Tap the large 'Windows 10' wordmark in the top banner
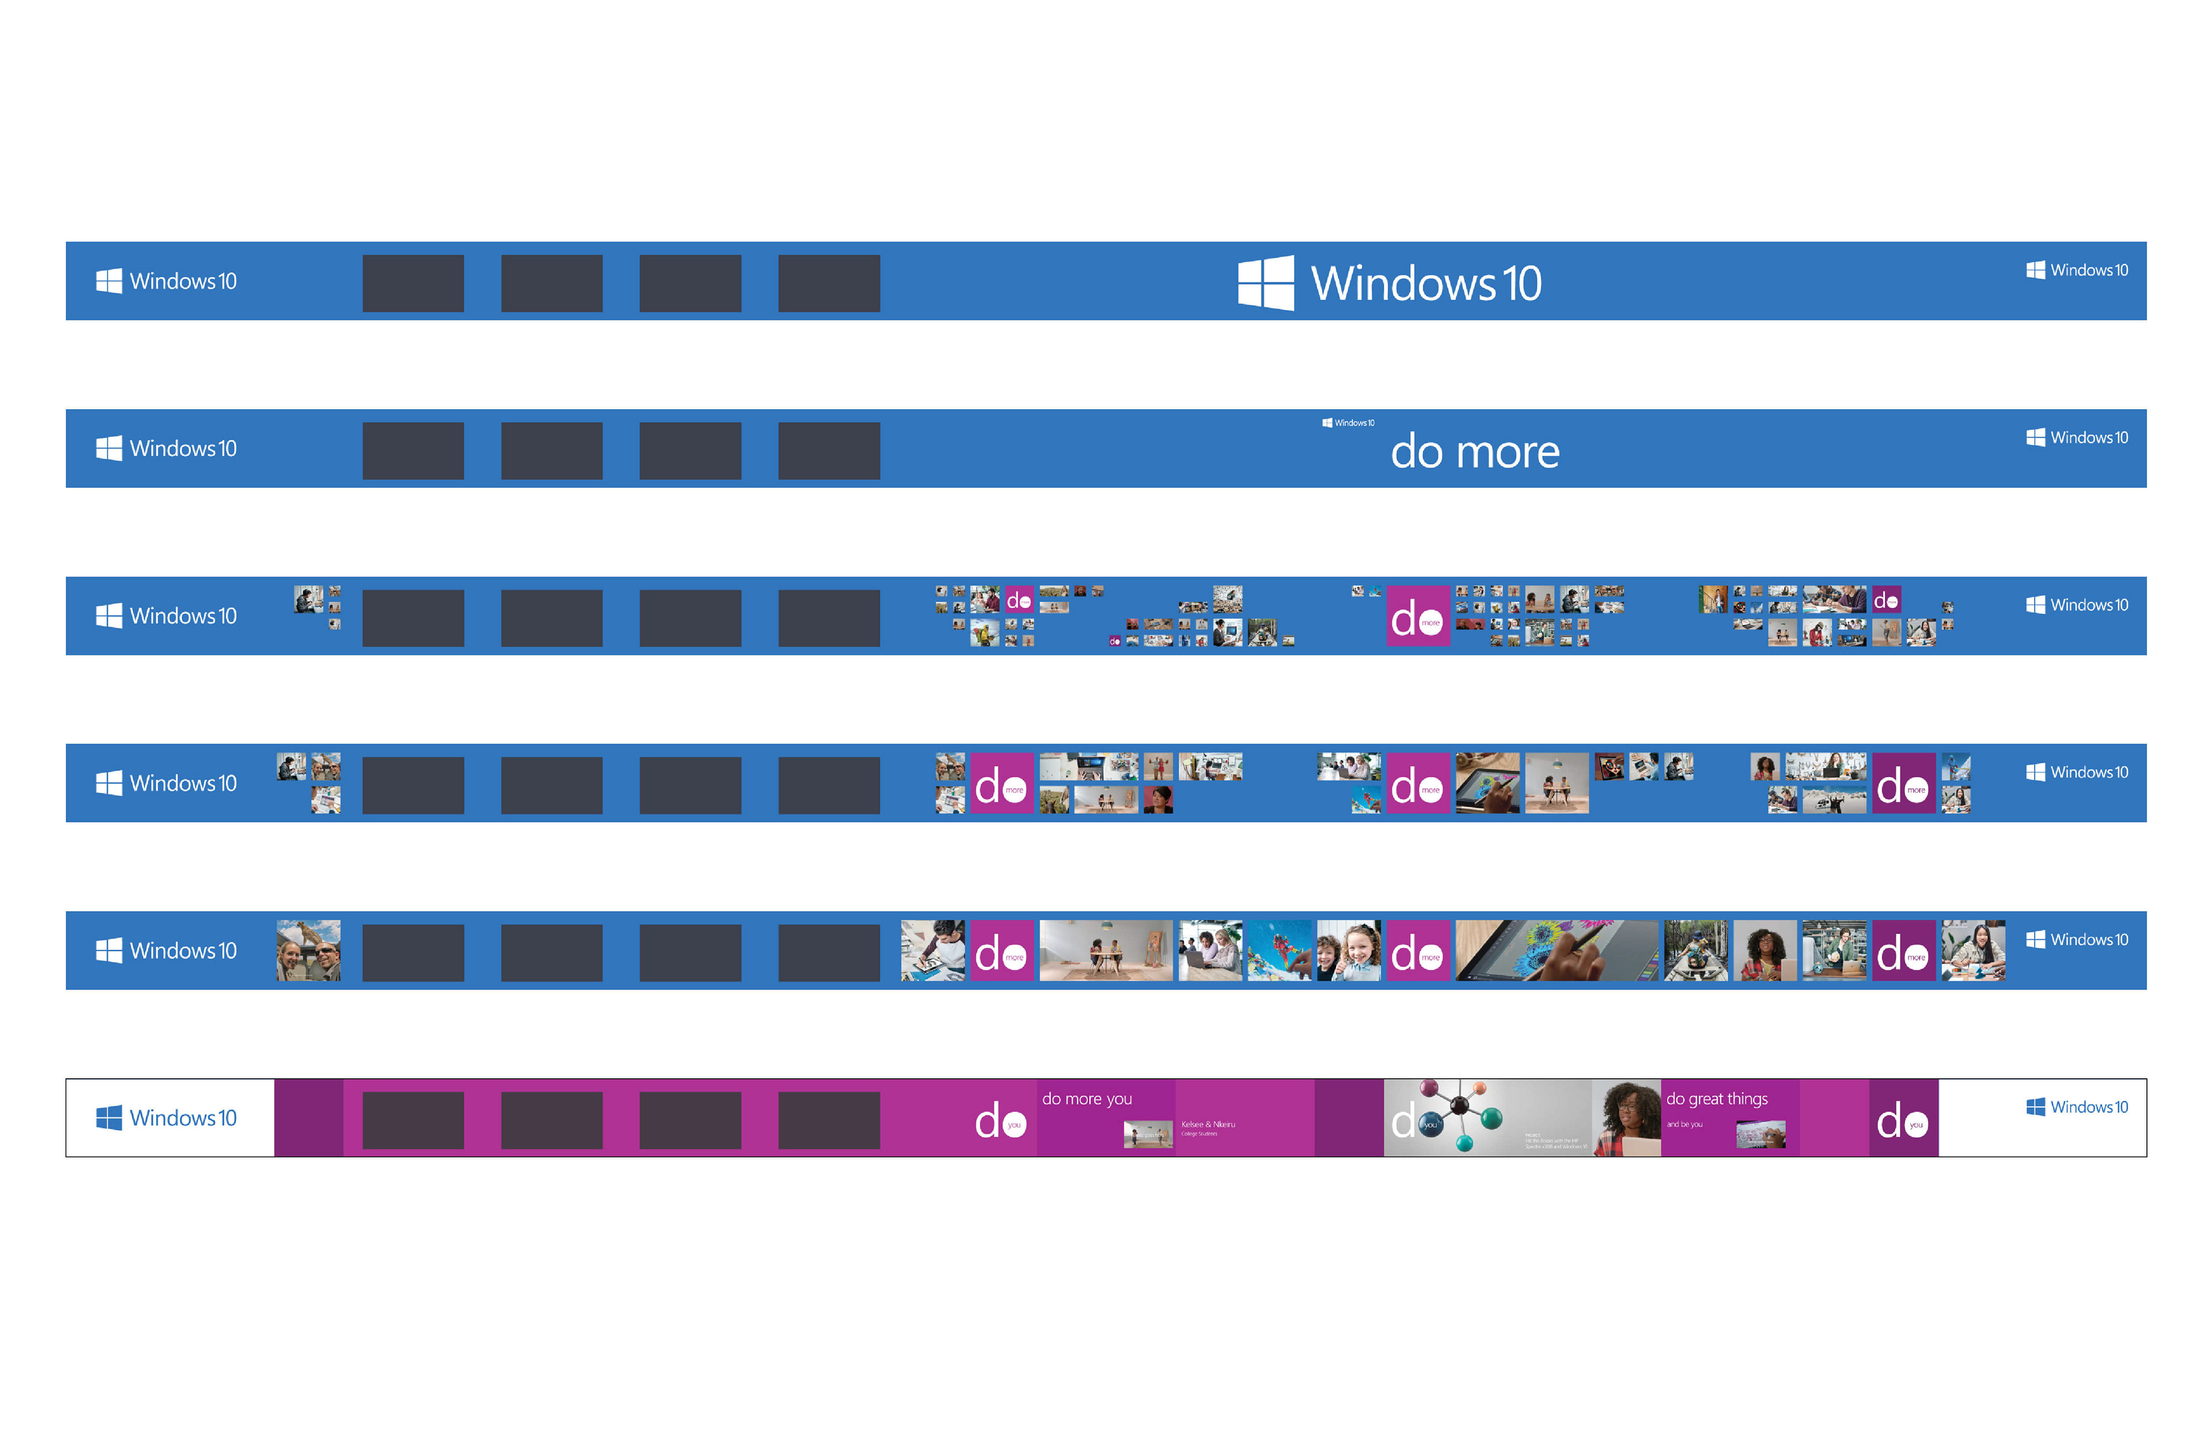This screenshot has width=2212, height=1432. click(x=1426, y=284)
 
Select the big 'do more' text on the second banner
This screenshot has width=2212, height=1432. click(x=1475, y=452)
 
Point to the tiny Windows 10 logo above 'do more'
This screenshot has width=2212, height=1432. click(x=1347, y=423)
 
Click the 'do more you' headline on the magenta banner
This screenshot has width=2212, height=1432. click(x=1086, y=1099)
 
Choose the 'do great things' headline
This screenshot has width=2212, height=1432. click(x=1717, y=1099)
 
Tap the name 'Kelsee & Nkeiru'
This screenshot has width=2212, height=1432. click(x=1207, y=1124)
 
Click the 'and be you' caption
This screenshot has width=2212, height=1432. click(x=1684, y=1124)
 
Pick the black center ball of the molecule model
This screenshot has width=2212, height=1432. click(x=1460, y=1105)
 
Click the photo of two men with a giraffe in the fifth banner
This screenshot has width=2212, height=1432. click(x=309, y=950)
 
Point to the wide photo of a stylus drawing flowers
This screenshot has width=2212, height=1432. click(x=1557, y=950)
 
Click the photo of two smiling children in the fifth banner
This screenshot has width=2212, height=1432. click(x=1349, y=950)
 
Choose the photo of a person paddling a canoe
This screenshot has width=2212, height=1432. click(x=1695, y=950)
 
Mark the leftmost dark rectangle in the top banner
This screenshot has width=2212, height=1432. click(x=412, y=283)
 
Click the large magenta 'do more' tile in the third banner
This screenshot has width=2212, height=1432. click(x=1418, y=615)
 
